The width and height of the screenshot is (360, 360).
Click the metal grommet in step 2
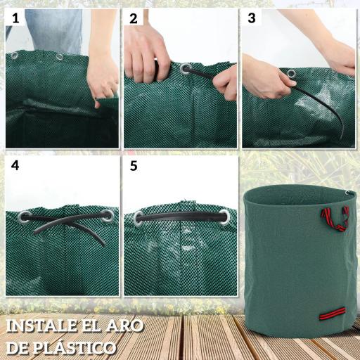186,70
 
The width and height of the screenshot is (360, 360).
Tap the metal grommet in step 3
290,72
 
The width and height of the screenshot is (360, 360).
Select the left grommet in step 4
25,217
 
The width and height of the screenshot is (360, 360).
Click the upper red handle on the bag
335,217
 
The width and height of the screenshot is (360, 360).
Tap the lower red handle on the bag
334,312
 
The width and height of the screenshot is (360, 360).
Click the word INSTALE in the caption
43,326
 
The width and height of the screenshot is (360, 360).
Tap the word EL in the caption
92,326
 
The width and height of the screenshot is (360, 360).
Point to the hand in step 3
266,77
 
